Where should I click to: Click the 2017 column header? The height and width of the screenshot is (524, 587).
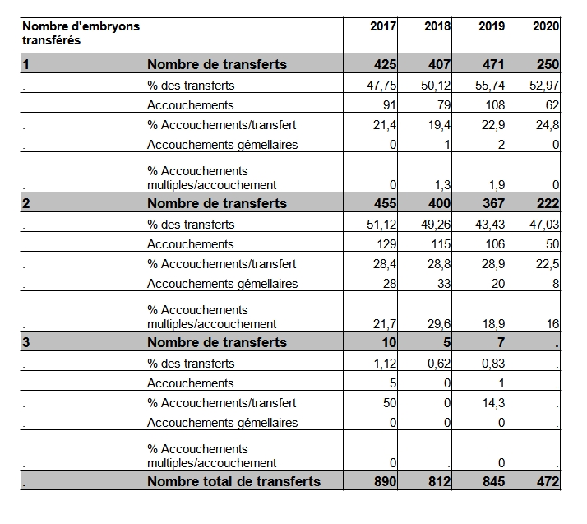[x=383, y=26]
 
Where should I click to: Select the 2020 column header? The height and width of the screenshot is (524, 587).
[x=546, y=26]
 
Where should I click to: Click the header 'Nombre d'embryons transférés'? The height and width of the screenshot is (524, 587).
[x=81, y=33]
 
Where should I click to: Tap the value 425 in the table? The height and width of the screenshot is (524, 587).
[x=385, y=64]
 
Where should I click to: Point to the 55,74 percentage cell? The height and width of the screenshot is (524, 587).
[x=490, y=86]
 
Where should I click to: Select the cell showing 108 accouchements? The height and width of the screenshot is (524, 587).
[x=495, y=105]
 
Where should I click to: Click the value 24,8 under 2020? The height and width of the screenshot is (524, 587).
[x=548, y=125]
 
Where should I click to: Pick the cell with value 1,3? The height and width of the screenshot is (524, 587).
[x=442, y=185]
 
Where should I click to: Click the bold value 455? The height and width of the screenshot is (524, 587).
[x=385, y=203]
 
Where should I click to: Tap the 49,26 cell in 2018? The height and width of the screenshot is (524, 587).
[x=436, y=225]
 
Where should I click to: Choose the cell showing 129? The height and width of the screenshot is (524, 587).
[x=386, y=244]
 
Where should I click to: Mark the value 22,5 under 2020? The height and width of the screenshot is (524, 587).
[x=548, y=264]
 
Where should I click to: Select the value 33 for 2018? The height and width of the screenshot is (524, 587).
[x=444, y=284]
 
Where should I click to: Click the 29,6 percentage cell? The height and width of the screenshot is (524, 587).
[x=439, y=324]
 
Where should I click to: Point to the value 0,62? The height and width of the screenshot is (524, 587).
[x=439, y=364]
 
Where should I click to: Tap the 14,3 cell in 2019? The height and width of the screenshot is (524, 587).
[x=493, y=402]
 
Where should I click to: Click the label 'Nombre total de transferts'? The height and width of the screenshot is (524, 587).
[x=234, y=481]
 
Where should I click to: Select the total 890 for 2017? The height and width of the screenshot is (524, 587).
[x=385, y=481]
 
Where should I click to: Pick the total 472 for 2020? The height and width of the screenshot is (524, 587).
[x=548, y=481]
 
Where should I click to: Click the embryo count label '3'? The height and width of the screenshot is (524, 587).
[x=25, y=342]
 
